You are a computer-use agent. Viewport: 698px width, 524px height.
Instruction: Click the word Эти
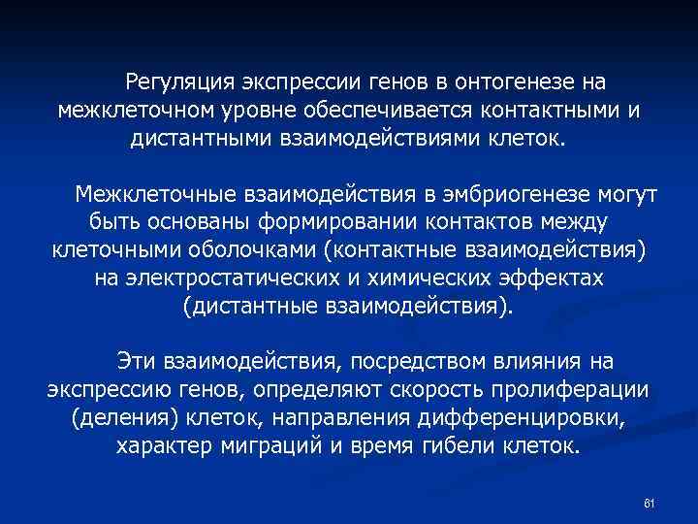click(137, 362)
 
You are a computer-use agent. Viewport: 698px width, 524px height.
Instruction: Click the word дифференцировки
click(523, 419)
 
